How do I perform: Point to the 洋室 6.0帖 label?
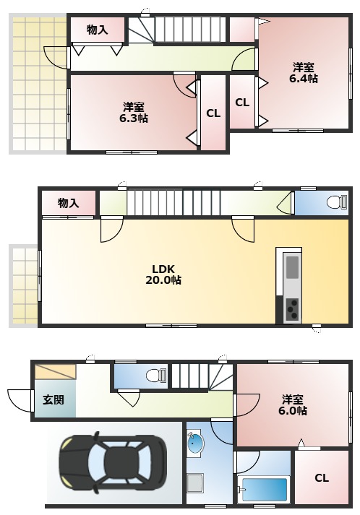(x=292, y=404)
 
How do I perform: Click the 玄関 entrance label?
(x=53, y=399)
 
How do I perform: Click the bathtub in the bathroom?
(x=264, y=488)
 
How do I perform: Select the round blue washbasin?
(x=196, y=444)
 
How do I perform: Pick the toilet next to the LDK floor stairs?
(x=334, y=202)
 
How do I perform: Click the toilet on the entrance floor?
(x=153, y=375)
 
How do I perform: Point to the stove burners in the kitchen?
(x=292, y=309)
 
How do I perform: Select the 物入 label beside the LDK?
(x=68, y=203)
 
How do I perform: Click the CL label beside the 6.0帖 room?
(x=321, y=478)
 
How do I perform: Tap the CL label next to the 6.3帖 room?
(x=213, y=113)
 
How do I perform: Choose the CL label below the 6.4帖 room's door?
(x=242, y=103)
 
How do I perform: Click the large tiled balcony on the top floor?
(x=38, y=83)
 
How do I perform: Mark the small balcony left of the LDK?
(x=24, y=285)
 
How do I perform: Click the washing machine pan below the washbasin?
(x=196, y=482)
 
